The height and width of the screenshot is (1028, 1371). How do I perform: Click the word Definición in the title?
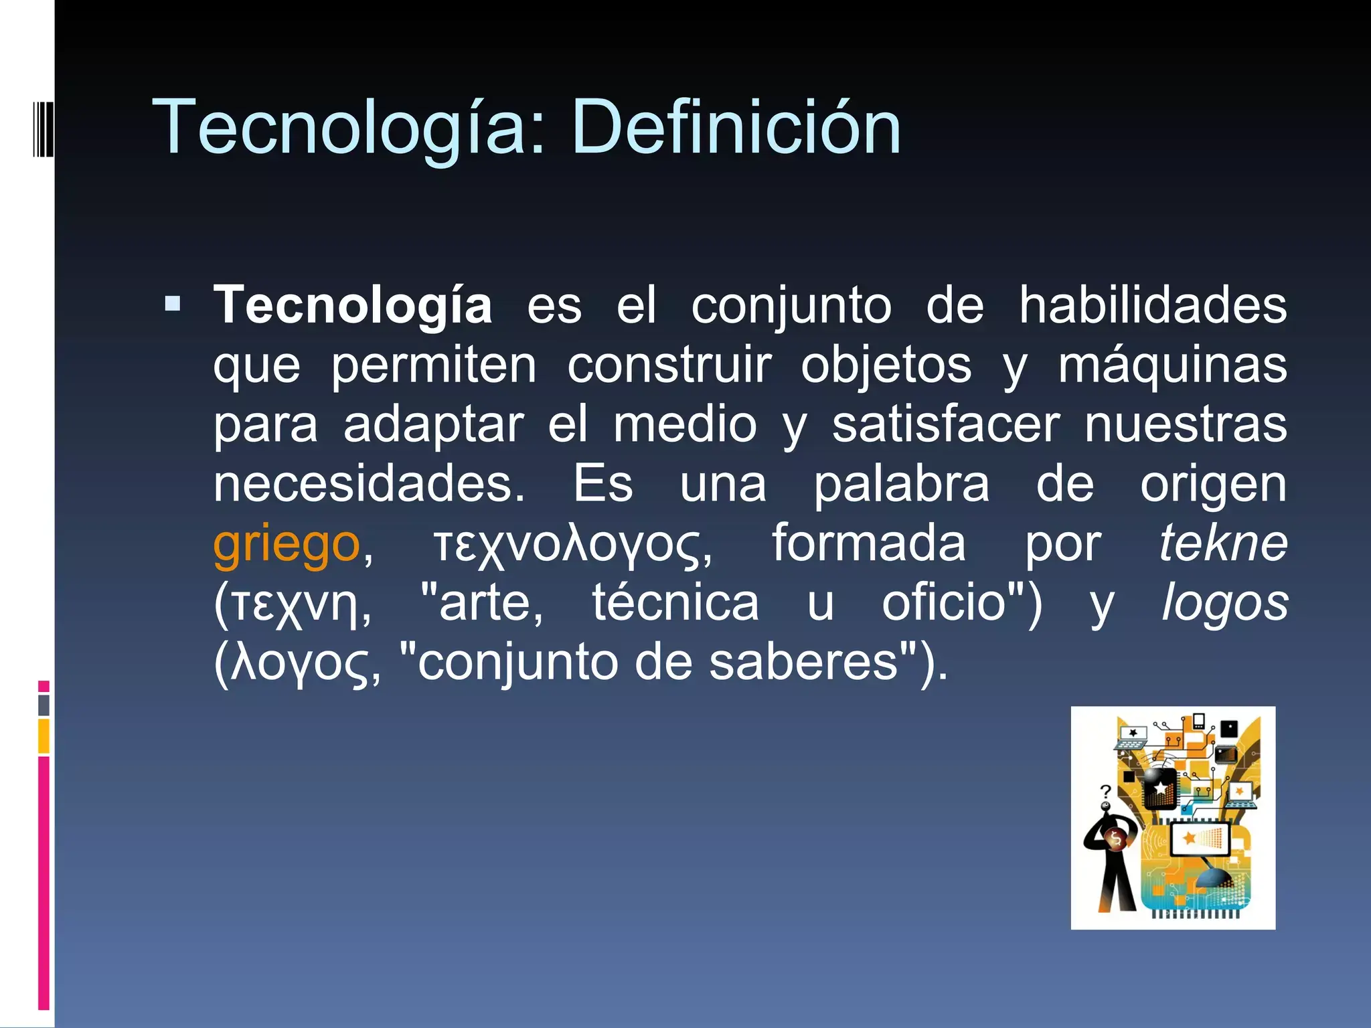(x=736, y=127)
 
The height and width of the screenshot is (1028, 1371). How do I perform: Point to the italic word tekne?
(x=1224, y=543)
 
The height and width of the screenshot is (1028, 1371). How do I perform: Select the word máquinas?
(x=1172, y=367)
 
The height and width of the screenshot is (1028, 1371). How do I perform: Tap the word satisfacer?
(x=947, y=424)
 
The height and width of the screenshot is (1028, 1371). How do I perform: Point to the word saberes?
(x=803, y=663)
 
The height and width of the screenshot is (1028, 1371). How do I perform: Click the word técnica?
(x=676, y=603)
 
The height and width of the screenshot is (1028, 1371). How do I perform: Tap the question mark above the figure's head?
(x=1105, y=792)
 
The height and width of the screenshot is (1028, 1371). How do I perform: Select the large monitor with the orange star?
(x=1201, y=840)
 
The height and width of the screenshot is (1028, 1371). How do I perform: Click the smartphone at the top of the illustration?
(x=1198, y=721)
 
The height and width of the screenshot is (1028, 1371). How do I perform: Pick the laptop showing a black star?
(x=1132, y=736)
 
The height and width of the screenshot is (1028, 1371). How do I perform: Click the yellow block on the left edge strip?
(x=44, y=736)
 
